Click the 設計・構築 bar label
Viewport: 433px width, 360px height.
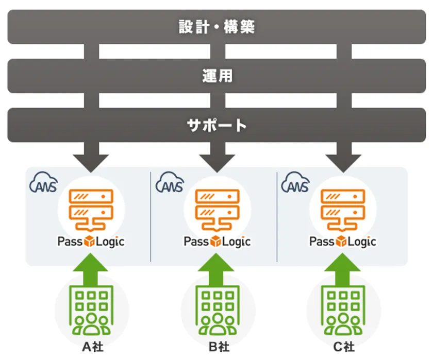click(217, 27)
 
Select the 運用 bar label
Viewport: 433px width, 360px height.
click(217, 76)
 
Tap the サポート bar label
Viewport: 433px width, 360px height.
click(217, 125)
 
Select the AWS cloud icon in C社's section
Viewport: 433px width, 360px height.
click(295, 183)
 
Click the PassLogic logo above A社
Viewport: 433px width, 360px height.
click(91, 241)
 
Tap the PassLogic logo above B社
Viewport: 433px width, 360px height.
click(217, 241)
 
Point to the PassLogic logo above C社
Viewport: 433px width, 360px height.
click(343, 241)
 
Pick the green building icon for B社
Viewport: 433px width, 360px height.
click(218, 311)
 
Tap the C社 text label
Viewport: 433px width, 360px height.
click(343, 347)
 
